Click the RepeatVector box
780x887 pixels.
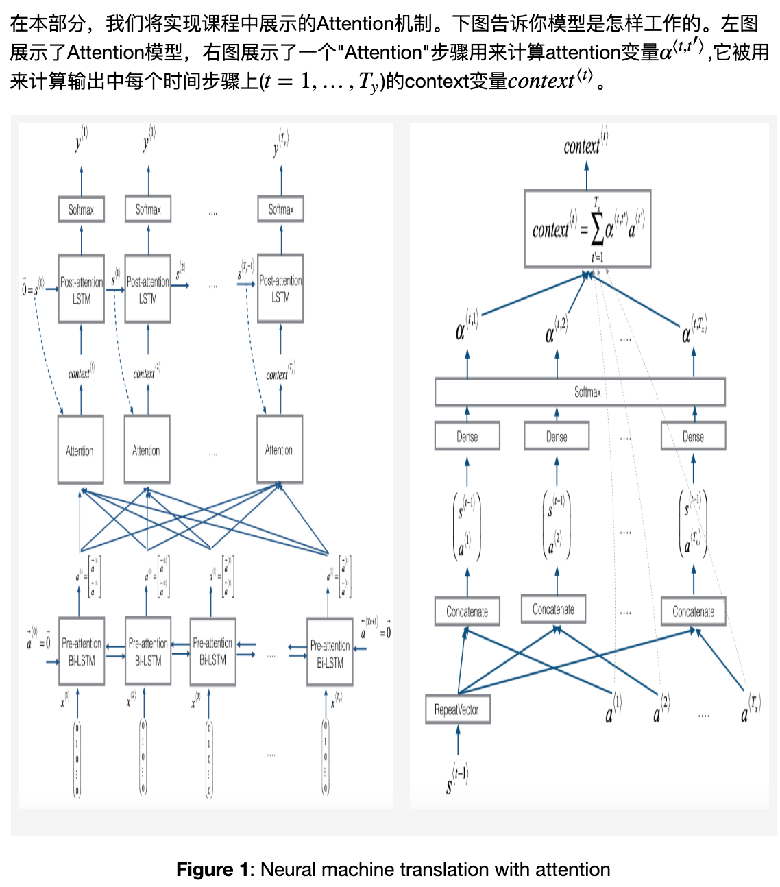pyautogui.click(x=457, y=709)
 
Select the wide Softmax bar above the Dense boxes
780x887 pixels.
pyautogui.click(x=580, y=392)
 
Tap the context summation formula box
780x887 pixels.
pyautogui.click(x=587, y=228)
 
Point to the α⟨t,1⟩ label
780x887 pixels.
pyautogui.click(x=466, y=326)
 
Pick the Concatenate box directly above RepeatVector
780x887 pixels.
pyautogui.click(x=467, y=611)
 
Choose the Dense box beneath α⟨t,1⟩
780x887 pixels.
pyautogui.click(x=467, y=437)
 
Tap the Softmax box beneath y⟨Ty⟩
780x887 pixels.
pyautogui.click(x=280, y=209)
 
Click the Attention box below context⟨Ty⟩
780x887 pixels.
pyautogui.click(x=279, y=450)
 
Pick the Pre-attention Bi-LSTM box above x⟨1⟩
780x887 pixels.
pyautogui.click(x=82, y=651)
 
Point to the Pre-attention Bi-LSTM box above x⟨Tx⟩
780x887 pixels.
pyautogui.click(x=330, y=653)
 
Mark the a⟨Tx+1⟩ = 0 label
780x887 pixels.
pyautogui.click(x=376, y=628)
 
